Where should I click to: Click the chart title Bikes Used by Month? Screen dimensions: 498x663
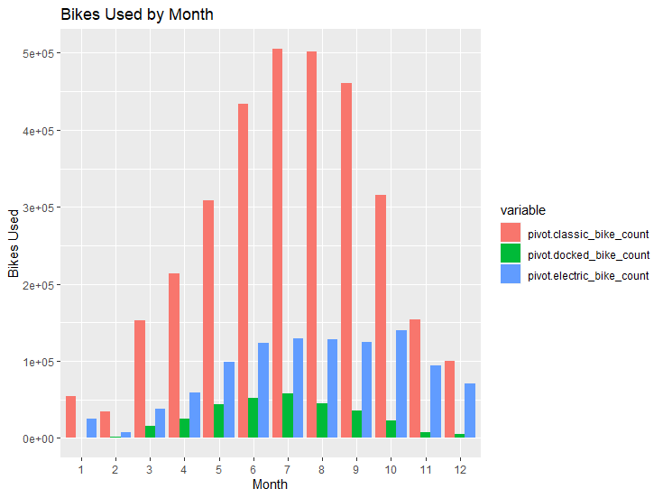(136, 15)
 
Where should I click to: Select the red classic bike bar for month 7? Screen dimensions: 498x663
(277, 244)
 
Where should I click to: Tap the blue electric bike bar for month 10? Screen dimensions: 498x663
(401, 383)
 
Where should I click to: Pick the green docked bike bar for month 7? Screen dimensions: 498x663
(288, 416)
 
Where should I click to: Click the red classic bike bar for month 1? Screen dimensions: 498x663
(70, 417)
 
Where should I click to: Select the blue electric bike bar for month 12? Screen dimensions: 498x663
(470, 410)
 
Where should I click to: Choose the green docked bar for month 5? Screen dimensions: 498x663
(219, 420)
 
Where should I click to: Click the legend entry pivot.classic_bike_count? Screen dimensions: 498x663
(588, 234)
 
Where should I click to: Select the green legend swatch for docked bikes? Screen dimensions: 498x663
(511, 254)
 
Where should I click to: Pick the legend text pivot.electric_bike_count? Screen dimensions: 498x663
(588, 275)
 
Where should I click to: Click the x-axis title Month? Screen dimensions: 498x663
(270, 484)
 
